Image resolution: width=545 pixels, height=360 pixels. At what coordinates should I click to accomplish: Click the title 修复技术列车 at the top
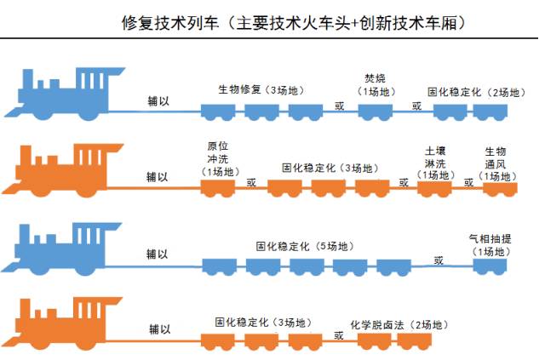(170, 23)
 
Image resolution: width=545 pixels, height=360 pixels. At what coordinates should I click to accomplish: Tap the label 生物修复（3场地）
(261, 90)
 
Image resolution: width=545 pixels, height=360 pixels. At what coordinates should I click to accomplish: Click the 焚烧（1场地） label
(376, 85)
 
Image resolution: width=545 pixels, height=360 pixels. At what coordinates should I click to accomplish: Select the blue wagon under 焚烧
(376, 112)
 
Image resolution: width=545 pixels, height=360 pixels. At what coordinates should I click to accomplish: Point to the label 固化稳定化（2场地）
(477, 92)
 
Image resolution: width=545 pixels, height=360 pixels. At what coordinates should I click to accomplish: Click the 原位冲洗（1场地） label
(218, 159)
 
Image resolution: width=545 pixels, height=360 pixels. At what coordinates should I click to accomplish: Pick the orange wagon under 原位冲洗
(218, 188)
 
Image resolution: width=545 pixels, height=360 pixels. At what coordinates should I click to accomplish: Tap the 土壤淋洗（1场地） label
(435, 163)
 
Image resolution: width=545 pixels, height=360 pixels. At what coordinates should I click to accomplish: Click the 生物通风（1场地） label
(496, 164)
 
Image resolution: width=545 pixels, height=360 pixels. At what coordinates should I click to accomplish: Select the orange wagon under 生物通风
(500, 189)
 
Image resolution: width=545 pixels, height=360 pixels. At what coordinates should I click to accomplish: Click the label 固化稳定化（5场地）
(305, 246)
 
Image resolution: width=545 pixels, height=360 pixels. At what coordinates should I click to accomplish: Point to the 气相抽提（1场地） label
(490, 245)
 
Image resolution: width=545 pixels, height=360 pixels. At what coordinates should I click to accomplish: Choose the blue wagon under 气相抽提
(490, 266)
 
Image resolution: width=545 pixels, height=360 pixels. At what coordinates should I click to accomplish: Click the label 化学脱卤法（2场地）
(399, 325)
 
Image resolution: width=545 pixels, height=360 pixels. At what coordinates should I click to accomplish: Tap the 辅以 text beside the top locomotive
(158, 101)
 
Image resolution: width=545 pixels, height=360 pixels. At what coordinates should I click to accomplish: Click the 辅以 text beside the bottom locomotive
(159, 329)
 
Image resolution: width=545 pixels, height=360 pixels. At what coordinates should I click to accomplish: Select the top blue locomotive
(65, 94)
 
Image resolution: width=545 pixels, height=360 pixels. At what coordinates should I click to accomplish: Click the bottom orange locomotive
(62, 323)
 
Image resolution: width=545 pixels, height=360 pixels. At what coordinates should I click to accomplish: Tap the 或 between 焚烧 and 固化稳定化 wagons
(416, 106)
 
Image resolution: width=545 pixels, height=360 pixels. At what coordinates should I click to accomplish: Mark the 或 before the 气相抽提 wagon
(439, 260)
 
